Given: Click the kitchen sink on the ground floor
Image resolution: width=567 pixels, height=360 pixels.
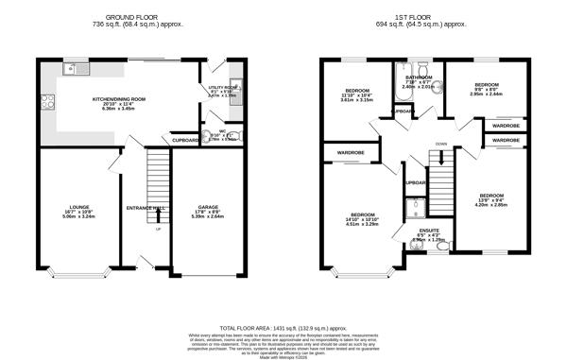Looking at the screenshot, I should coord(75,69).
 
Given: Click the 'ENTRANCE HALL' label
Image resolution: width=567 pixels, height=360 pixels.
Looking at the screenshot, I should coord(146,206).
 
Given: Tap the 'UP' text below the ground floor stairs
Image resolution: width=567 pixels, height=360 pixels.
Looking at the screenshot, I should coord(159,230).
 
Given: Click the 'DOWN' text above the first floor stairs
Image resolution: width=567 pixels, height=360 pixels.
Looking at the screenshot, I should coord(441,144).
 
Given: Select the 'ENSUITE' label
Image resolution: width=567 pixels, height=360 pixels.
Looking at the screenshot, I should coord(429,230).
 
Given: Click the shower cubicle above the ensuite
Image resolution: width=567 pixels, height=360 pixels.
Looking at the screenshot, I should coord(416,208).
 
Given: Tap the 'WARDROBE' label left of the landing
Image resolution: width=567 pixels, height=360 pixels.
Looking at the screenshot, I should coord(345,152).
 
